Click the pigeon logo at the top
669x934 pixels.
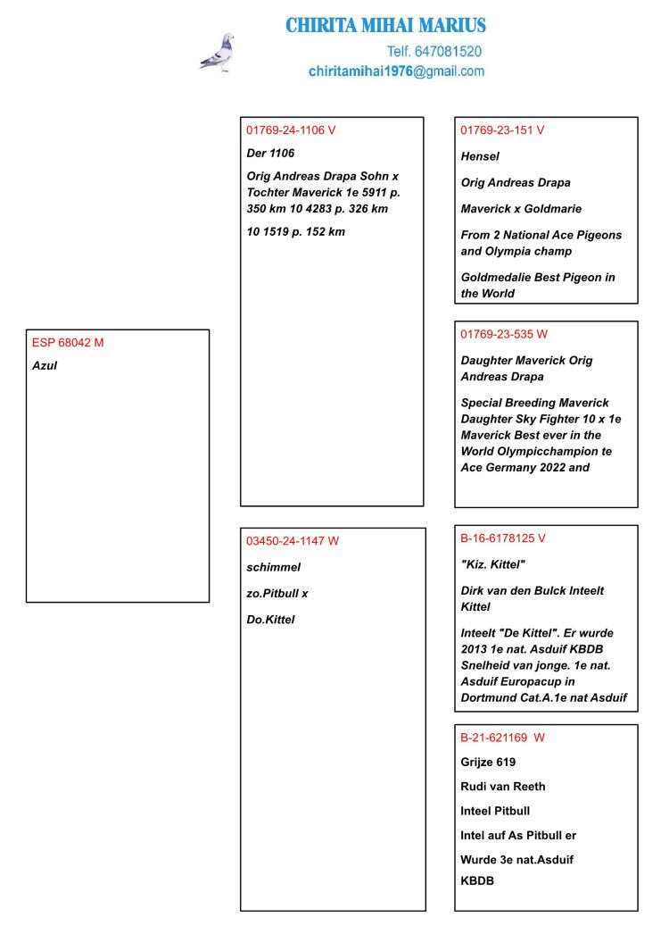click(x=217, y=53)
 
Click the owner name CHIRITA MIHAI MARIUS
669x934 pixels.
click(x=385, y=25)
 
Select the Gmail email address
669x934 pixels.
click(x=396, y=71)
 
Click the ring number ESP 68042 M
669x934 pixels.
click(x=68, y=342)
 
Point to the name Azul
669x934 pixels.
click(x=45, y=365)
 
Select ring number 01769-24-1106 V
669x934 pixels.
click(x=291, y=129)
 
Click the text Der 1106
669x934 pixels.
click(x=270, y=153)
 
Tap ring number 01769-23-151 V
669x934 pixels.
click(x=502, y=129)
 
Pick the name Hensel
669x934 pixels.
click(x=480, y=156)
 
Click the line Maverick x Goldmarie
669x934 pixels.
click(x=521, y=209)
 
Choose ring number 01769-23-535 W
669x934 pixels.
click(x=504, y=334)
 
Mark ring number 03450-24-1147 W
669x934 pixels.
click(x=293, y=540)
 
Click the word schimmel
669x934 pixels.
click(x=274, y=567)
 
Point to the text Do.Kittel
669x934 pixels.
click(x=270, y=620)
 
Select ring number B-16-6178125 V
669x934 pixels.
click(x=503, y=538)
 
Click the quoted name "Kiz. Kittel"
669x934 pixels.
click(x=493, y=564)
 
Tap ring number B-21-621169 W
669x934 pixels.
click(x=502, y=738)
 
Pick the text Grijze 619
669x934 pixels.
click(x=488, y=762)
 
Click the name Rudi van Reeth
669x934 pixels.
click(x=503, y=787)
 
